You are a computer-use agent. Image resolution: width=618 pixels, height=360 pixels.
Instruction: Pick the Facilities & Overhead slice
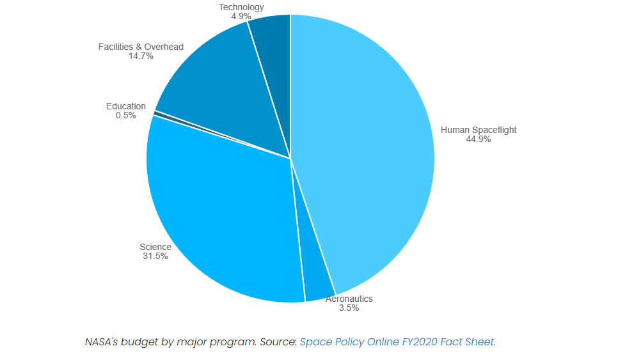(x=218, y=96)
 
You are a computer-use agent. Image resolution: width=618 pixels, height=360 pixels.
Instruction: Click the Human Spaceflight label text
(x=479, y=130)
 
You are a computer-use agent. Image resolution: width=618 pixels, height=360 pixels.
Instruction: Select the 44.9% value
(x=479, y=139)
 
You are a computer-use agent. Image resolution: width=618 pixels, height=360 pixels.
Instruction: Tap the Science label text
(x=155, y=247)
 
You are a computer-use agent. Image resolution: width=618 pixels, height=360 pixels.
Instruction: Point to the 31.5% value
(x=155, y=256)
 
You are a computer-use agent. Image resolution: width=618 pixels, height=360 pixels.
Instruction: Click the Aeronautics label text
(x=349, y=299)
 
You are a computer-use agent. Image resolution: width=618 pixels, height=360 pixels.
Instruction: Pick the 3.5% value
(x=349, y=308)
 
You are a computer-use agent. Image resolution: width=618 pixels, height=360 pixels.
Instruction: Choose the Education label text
(x=126, y=106)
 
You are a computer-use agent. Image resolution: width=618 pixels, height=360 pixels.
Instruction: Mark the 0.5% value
(x=126, y=115)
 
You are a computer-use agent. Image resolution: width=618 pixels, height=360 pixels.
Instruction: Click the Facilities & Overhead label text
(x=141, y=47)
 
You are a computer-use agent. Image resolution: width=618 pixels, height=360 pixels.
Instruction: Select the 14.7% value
(x=141, y=56)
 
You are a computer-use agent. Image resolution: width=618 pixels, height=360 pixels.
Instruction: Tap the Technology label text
(x=241, y=7)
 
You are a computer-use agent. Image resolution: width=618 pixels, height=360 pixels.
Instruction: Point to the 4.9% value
(x=241, y=16)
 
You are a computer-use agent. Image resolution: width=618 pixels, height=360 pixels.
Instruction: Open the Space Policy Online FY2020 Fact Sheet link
(x=397, y=341)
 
